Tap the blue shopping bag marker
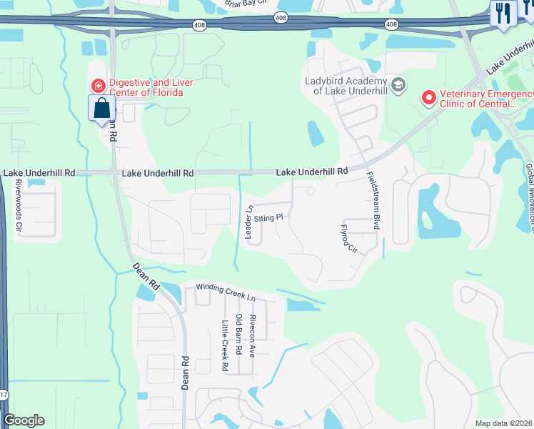pyautogui.click(x=102, y=109)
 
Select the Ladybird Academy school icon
pyautogui.click(x=398, y=86)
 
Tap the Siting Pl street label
pyautogui.click(x=270, y=217)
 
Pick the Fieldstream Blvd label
pyautogui.click(x=371, y=201)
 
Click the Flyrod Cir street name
pyautogui.click(x=349, y=237)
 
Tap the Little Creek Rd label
pyautogui.click(x=224, y=345)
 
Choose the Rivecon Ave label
pyautogui.click(x=253, y=336)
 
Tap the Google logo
pyautogui.click(x=24, y=420)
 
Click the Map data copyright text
pyautogui.click(x=503, y=423)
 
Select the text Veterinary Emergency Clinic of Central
pyautogui.click(x=486, y=99)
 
